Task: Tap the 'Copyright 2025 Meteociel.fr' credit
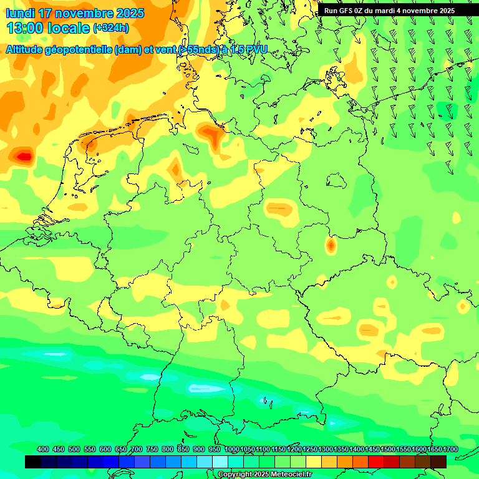coord(264,475)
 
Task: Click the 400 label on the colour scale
coord(43,450)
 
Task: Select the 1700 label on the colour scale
coord(450,450)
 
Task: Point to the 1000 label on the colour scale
coord(231,450)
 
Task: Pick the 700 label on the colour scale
coord(137,450)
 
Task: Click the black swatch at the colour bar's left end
coord(33,462)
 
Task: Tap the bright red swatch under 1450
coord(376,462)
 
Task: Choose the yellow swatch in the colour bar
coord(314,462)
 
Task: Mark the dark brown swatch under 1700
coord(438,462)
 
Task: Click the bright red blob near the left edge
coord(24,157)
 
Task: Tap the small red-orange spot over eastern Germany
coord(331,246)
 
